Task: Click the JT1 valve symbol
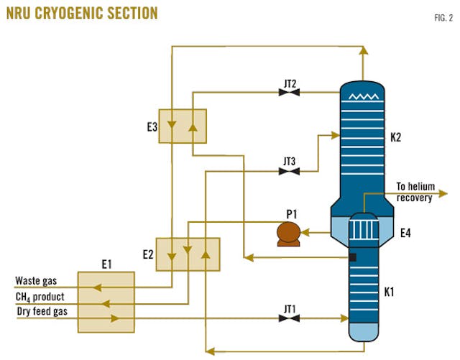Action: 289,318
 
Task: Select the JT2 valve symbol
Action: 289,91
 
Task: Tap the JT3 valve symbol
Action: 289,171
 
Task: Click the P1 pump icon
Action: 290,233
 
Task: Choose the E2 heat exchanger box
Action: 188,251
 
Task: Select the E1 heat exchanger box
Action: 106,302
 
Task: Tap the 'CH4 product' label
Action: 40,297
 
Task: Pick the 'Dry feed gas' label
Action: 41,310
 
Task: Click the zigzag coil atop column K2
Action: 363,94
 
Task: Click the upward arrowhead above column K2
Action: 364,51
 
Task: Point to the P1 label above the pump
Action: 289,213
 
